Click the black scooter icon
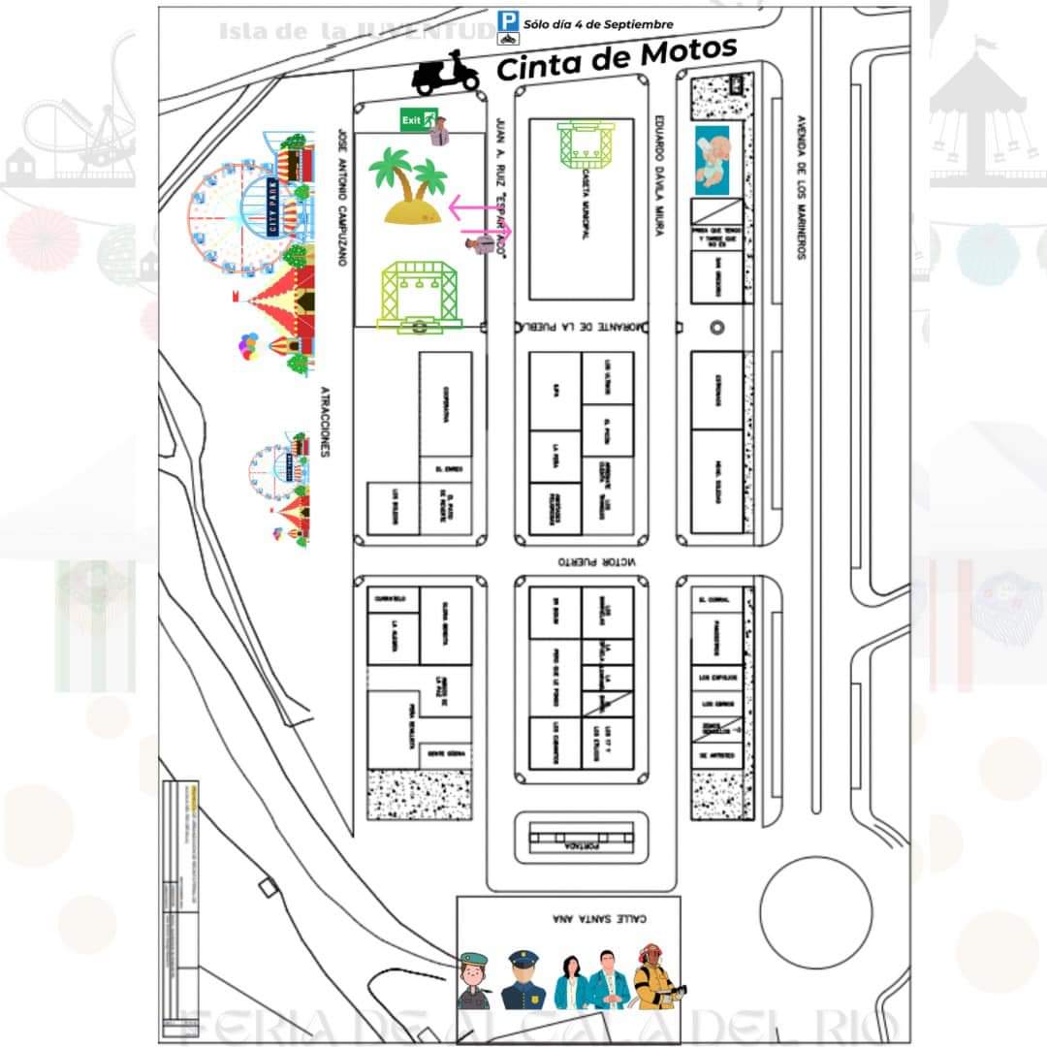click(447, 73)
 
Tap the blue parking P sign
click(508, 19)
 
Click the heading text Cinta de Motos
click(617, 59)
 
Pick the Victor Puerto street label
click(593, 561)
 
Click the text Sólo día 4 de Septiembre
click(598, 24)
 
